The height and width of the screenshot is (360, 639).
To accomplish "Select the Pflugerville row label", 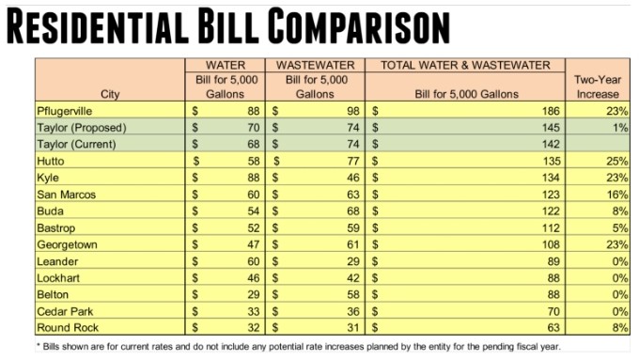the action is pyautogui.click(x=65, y=111).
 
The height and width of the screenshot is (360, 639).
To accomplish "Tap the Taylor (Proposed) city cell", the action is pyautogui.click(x=82, y=128).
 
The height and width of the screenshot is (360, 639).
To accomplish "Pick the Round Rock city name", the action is pyautogui.click(x=68, y=328).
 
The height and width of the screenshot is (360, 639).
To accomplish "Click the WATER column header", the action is pyautogui.click(x=226, y=65).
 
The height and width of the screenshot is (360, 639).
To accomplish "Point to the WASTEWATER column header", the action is pyautogui.click(x=316, y=65).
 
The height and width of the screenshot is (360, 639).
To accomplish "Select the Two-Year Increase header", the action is pyautogui.click(x=598, y=86).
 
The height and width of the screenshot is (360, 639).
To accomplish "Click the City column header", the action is pyautogui.click(x=110, y=95).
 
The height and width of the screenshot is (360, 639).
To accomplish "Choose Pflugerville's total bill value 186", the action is pyautogui.click(x=551, y=111).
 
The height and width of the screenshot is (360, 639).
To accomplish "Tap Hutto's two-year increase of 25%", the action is pyautogui.click(x=617, y=162).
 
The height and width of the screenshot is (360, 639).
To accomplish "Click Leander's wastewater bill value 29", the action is pyautogui.click(x=353, y=261).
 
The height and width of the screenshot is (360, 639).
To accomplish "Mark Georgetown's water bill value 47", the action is pyautogui.click(x=253, y=244).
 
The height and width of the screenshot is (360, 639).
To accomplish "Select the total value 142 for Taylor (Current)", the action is pyautogui.click(x=551, y=145).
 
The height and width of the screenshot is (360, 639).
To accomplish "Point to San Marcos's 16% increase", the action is pyautogui.click(x=617, y=195).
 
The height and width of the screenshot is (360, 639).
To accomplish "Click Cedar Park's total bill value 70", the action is pyautogui.click(x=553, y=312).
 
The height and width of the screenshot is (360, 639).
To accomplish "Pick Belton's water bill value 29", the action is pyautogui.click(x=253, y=295).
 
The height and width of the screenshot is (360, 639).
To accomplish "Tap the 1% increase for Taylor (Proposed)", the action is pyautogui.click(x=620, y=128).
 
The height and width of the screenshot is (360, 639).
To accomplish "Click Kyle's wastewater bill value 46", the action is pyautogui.click(x=353, y=178).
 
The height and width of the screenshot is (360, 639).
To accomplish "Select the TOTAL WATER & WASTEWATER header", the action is pyautogui.click(x=465, y=65).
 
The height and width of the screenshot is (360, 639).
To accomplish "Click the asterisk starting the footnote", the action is pyautogui.click(x=39, y=346).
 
